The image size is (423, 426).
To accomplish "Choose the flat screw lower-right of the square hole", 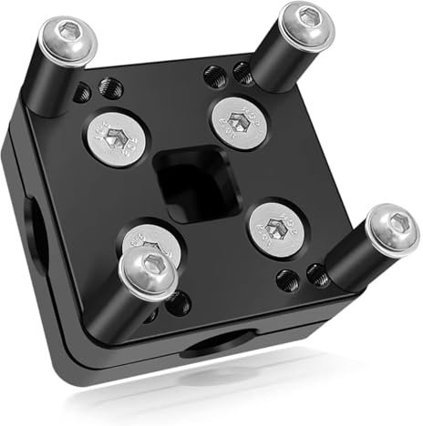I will click(276, 225).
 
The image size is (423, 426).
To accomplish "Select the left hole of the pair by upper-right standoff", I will click(216, 75).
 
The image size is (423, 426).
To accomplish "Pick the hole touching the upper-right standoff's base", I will click(242, 72).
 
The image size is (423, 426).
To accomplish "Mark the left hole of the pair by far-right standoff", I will click(287, 279).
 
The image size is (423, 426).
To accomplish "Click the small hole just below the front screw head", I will click(175, 304).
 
